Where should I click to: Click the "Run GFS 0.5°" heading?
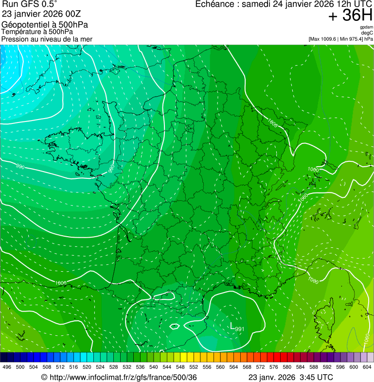tap(30, 5)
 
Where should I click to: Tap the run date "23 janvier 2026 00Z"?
tap(41, 15)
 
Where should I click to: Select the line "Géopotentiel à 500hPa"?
tap(45, 25)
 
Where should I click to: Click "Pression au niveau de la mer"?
tap(47, 39)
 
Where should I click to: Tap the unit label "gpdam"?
tap(366, 27)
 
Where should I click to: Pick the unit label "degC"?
tap(367, 33)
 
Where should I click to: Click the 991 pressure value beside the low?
tap(239, 330)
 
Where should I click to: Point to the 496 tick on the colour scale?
tap(7, 367)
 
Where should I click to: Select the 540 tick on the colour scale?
tap(153, 367)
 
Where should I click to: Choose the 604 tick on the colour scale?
tap(367, 367)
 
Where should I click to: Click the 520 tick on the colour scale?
tap(87, 367)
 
